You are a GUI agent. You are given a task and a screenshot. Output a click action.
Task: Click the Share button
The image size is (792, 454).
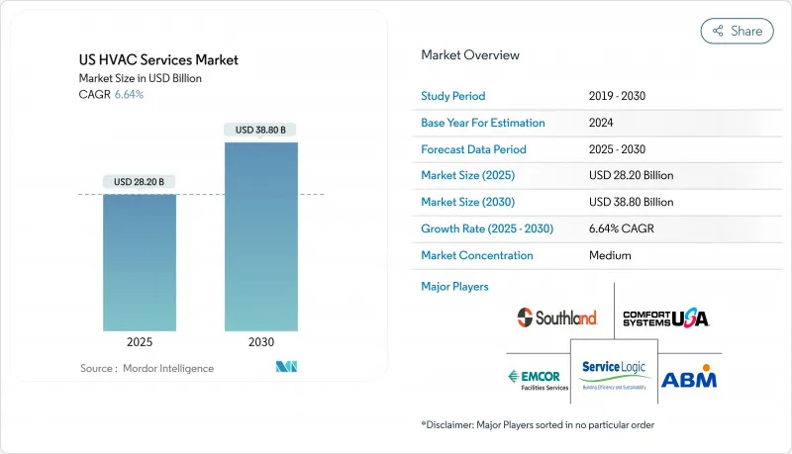pyautogui.click(x=738, y=31)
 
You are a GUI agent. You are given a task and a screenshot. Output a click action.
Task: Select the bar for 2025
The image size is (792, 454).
pyautogui.click(x=140, y=262)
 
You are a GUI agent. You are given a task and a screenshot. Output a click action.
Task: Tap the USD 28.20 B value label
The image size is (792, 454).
pyautogui.click(x=140, y=182)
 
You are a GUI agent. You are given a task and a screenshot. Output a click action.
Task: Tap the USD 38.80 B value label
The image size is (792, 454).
pyautogui.click(x=260, y=130)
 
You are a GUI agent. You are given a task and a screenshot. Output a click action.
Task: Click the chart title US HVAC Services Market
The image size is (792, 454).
pyautogui.click(x=157, y=60)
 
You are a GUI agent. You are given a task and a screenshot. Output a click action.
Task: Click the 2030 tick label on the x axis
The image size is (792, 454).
pyautogui.click(x=260, y=343)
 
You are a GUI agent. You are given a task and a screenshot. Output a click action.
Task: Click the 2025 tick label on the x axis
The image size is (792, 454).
pyautogui.click(x=140, y=343)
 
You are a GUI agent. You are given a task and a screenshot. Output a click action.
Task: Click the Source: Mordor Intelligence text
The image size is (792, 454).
pyautogui.click(x=147, y=368)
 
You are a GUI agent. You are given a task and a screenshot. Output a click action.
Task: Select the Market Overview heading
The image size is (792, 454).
pyautogui.click(x=469, y=55)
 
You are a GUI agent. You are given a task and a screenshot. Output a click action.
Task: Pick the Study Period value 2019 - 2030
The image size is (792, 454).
pyautogui.click(x=620, y=97)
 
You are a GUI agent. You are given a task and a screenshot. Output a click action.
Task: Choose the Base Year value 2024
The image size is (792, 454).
pyautogui.click(x=601, y=124)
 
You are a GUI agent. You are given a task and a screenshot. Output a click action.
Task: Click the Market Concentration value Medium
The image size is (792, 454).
pyautogui.click(x=609, y=255)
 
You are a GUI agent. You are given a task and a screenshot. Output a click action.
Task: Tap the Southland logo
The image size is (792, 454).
pyautogui.click(x=557, y=318)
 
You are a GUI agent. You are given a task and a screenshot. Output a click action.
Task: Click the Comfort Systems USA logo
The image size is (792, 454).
pyautogui.click(x=665, y=318)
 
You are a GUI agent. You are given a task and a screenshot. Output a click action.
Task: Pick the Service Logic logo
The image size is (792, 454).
pyautogui.click(x=614, y=373)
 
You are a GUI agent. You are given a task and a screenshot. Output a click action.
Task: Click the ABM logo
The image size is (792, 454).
pyautogui.click(x=688, y=378)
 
